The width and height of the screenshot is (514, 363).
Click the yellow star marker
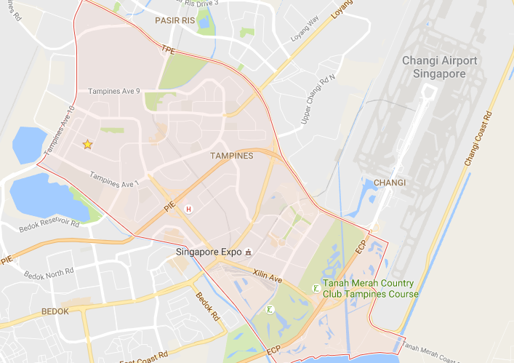coord(87,145)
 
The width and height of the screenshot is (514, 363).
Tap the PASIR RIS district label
coord(174,21)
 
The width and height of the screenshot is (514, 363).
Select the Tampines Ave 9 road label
coord(114,92)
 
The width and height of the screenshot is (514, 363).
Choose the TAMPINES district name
coord(231,156)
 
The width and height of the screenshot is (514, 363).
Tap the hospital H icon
coord(189,209)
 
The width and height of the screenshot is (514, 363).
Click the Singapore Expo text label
coord(209,252)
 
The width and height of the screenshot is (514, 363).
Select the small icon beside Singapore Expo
coord(249,252)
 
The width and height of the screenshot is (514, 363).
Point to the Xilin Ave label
coord(268,275)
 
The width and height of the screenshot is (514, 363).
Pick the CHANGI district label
coord(389,182)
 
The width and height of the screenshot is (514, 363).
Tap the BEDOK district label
coord(55,311)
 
